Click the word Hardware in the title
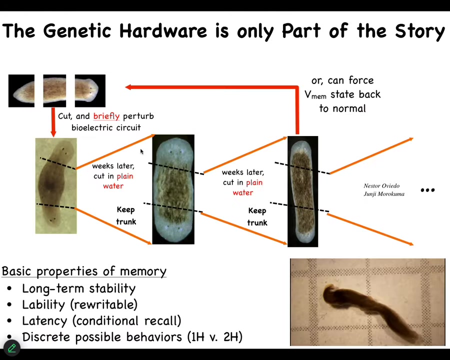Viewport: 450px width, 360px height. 162,30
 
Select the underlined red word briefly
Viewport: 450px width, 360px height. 106,116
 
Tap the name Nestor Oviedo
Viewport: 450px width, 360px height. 381,185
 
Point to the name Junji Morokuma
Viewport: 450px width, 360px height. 384,194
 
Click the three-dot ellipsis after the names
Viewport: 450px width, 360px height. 427,190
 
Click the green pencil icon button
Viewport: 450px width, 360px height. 12,348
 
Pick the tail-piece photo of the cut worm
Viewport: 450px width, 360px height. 21,90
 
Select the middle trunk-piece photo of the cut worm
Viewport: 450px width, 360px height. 54,90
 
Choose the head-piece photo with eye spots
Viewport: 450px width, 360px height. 90,90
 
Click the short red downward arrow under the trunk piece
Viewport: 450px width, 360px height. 53,122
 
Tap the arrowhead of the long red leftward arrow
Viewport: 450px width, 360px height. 128,87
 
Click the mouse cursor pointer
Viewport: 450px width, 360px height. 142,151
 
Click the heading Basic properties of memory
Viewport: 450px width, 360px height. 84,271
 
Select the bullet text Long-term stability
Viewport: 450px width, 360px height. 78,288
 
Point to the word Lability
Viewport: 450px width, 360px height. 43,305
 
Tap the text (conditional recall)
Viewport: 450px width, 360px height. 126,321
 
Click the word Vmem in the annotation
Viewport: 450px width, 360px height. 315,94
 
